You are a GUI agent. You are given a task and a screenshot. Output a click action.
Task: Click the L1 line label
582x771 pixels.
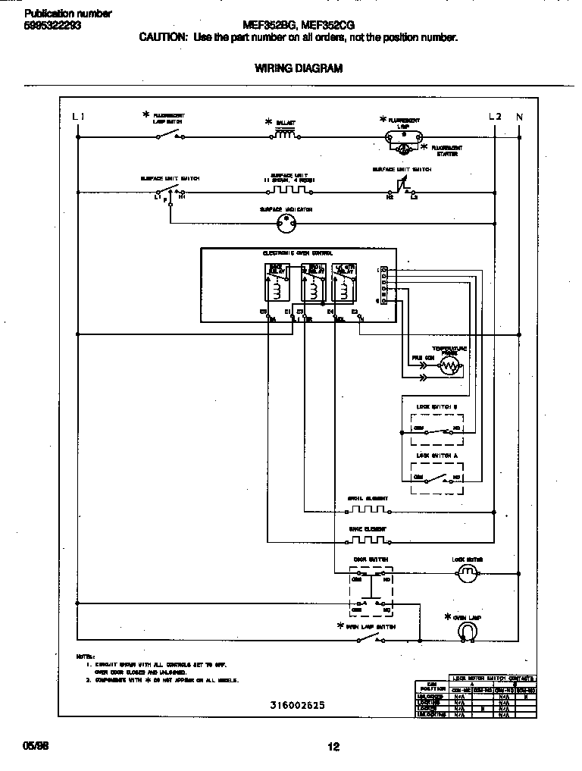78,117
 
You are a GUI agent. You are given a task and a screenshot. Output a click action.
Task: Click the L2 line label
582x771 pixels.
494,117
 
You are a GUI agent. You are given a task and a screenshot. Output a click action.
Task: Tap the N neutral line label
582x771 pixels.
519,117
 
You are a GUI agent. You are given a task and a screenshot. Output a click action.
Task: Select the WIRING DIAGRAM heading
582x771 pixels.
298,68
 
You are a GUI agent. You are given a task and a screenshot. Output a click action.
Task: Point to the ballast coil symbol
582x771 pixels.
283,135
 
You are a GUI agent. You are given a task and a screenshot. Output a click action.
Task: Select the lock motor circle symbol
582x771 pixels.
468,574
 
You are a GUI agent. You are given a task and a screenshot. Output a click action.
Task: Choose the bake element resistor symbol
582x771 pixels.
367,540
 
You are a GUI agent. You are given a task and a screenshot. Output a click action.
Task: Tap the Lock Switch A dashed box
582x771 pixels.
437,474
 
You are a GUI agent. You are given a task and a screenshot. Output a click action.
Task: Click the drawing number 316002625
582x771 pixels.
297,705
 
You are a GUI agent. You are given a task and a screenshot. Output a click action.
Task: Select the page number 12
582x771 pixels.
333,746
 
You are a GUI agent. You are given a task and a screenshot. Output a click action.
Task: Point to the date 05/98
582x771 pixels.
36,746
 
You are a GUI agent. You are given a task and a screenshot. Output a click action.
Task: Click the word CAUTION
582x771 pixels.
163,37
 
